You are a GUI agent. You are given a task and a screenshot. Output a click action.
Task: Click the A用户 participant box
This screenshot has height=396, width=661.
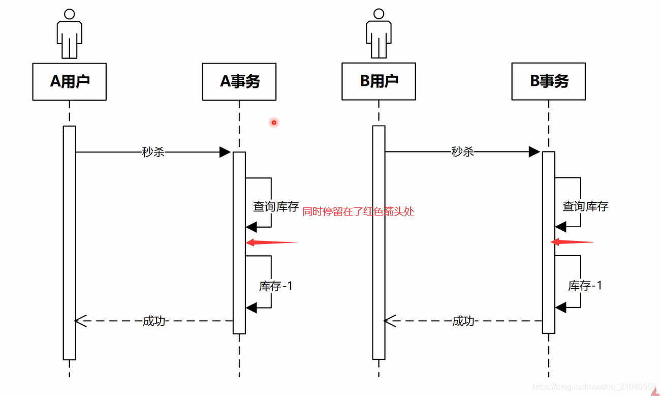(70, 82)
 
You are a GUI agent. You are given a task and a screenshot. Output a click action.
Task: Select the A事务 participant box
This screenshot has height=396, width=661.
(239, 82)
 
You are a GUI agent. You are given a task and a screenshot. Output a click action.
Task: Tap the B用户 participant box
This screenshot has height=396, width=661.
(379, 81)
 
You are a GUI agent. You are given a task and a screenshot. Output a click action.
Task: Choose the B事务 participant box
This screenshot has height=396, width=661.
(549, 81)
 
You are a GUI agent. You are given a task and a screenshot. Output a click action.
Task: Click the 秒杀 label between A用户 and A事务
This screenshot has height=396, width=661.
(153, 152)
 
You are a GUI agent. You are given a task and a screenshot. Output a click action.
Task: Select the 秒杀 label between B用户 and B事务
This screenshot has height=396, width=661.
(462, 151)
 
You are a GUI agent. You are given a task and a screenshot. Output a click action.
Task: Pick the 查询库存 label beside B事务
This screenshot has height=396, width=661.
(585, 206)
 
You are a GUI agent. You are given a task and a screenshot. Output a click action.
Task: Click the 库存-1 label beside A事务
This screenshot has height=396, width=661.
(276, 286)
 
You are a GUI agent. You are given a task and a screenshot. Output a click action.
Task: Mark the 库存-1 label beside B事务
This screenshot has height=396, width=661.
(585, 286)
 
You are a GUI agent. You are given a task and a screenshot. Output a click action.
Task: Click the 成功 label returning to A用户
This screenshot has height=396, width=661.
(154, 321)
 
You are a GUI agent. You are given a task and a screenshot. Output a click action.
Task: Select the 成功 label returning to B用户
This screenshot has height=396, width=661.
(463, 321)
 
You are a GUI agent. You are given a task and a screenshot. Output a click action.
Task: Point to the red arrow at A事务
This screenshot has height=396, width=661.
(271, 243)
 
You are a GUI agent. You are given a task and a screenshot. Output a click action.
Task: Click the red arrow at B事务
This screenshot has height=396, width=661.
(572, 242)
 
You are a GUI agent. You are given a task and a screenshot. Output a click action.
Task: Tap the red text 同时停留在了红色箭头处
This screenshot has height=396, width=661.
(358, 211)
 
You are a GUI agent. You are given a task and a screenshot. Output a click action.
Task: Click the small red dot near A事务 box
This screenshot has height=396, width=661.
(274, 123)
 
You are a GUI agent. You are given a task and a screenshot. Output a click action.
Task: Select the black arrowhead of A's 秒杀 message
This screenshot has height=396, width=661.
(225, 152)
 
